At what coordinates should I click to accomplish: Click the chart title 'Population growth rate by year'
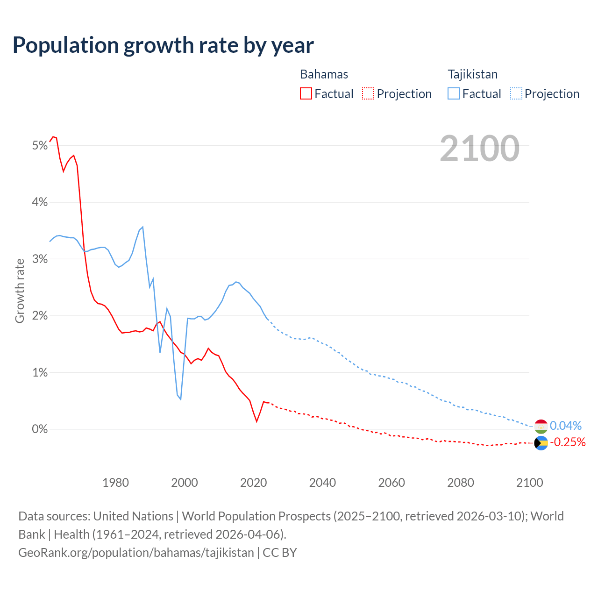(x=163, y=45)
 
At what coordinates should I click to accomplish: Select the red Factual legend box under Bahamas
(x=306, y=93)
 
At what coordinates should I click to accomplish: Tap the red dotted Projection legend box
(x=368, y=93)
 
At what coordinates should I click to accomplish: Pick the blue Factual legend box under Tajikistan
(x=453, y=93)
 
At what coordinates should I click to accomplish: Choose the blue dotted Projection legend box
(x=516, y=93)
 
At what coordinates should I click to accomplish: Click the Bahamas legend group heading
(x=324, y=74)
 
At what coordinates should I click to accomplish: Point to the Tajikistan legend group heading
(x=472, y=74)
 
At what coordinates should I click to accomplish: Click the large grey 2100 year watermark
(x=479, y=148)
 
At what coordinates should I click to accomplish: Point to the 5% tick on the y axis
(x=40, y=146)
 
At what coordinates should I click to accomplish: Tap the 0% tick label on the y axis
(x=40, y=429)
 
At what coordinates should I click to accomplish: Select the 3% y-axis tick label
(x=40, y=259)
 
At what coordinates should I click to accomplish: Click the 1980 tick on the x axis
(x=115, y=483)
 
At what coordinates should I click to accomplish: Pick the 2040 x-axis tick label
(x=322, y=483)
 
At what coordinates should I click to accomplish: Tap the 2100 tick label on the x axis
(x=529, y=483)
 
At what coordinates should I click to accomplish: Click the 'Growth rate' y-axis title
(x=20, y=291)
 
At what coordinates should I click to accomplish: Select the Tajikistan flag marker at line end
(x=541, y=426)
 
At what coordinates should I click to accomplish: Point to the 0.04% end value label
(x=565, y=426)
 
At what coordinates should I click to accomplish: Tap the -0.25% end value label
(x=567, y=442)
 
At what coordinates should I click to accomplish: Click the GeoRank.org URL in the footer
(x=136, y=552)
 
